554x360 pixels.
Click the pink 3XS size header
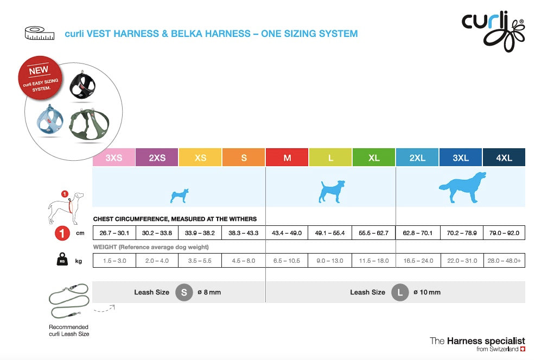(114, 157)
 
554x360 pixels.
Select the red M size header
(287, 157)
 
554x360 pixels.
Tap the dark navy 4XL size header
(504, 157)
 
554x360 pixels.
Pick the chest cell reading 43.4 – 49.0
(286, 233)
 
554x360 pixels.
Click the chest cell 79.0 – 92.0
(504, 233)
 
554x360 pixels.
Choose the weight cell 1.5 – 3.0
(114, 261)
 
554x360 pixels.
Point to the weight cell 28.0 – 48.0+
(504, 261)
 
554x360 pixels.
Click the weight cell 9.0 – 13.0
(330, 261)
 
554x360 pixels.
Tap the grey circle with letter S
(184, 293)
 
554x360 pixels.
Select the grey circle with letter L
(400, 293)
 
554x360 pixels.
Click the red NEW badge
(40, 78)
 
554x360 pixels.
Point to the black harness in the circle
(82, 85)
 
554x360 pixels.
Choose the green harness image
(89, 124)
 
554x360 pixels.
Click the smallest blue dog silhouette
(180, 195)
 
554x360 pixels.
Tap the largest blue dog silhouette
(462, 187)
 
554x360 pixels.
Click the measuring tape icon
(40, 33)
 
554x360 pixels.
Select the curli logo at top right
(494, 31)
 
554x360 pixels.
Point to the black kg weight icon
(62, 259)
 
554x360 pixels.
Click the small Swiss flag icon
(523, 349)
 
